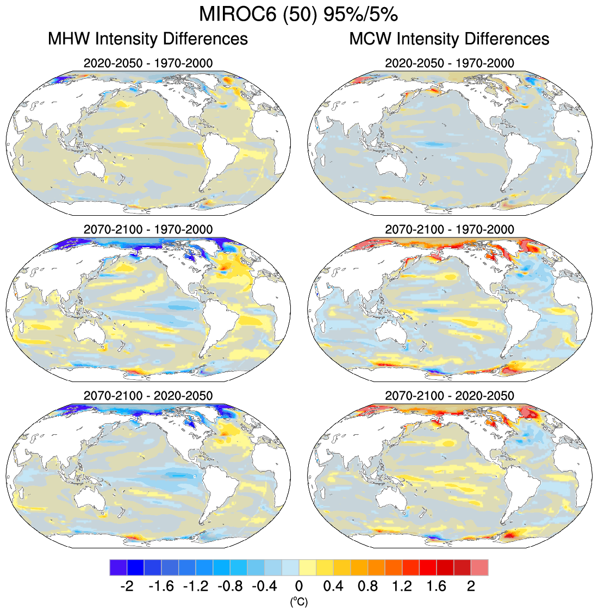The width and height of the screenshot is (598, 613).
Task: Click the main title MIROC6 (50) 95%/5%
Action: pyautogui.click(x=298, y=15)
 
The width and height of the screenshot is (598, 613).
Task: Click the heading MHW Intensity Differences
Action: pyautogui.click(x=148, y=39)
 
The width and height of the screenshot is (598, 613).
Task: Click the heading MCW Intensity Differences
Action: pyautogui.click(x=449, y=39)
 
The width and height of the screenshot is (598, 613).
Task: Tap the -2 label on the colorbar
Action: pyautogui.click(x=127, y=586)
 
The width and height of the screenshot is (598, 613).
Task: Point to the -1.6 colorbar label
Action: pyautogui.click(x=161, y=586)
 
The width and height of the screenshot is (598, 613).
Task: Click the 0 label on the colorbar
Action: pyautogui.click(x=299, y=586)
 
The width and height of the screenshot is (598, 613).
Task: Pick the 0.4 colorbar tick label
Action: pyautogui.click(x=333, y=586)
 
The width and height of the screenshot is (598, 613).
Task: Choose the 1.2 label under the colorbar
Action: pyautogui.click(x=402, y=586)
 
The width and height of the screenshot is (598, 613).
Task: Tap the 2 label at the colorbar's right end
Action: pyautogui.click(x=471, y=586)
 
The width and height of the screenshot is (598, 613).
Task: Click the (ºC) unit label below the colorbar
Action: pyautogui.click(x=299, y=601)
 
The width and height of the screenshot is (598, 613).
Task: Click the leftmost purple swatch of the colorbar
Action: pyautogui.click(x=118, y=567)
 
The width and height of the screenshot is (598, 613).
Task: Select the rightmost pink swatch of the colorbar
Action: pyautogui.click(x=479, y=567)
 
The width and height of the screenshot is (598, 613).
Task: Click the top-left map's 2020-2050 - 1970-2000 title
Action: pyautogui.click(x=148, y=64)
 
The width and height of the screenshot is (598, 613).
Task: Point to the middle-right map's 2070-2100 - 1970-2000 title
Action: pyautogui.click(x=449, y=229)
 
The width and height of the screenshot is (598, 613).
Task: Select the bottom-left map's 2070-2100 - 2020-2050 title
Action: pyautogui.click(x=148, y=396)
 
